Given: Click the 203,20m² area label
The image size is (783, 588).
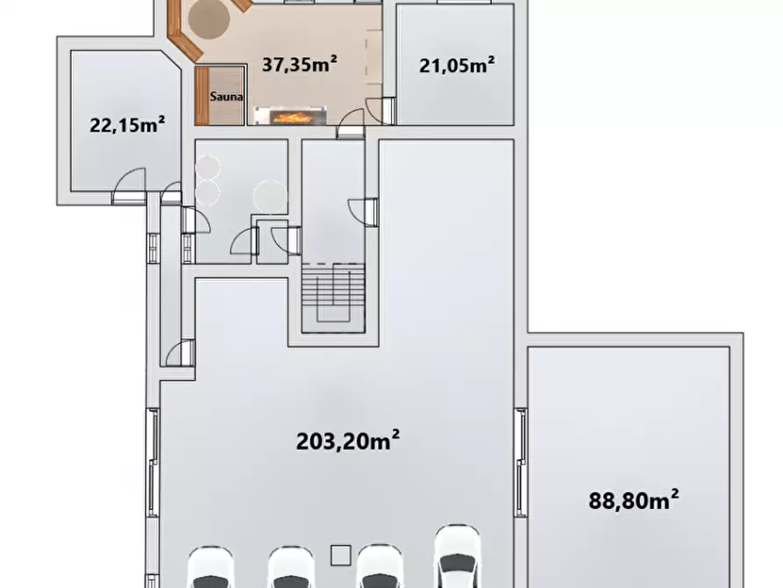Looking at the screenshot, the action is (347, 441).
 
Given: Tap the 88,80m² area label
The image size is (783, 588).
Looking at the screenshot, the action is (634, 499).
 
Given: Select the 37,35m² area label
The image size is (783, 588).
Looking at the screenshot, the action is (300, 64).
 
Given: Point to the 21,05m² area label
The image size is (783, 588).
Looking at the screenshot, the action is (457, 65).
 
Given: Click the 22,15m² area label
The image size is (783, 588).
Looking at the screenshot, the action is (127, 125).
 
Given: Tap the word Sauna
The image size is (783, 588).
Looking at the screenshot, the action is (226, 97).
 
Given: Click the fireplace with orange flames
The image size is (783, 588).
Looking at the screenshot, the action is (290, 116).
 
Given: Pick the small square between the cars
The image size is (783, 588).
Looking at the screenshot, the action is (341, 555).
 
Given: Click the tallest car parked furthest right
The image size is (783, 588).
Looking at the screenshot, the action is (457, 556).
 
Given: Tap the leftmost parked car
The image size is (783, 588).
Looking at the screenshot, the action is (210, 568).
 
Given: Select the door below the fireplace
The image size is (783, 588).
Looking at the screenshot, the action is (350, 124).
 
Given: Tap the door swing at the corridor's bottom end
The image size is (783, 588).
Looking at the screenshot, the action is (181, 353).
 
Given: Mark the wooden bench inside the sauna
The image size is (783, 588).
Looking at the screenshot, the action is (202, 96).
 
